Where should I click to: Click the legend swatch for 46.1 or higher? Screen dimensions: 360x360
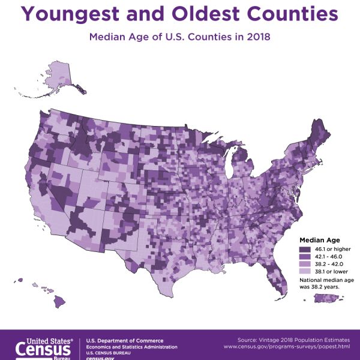305,249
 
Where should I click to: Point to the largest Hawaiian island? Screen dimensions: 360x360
58,301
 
